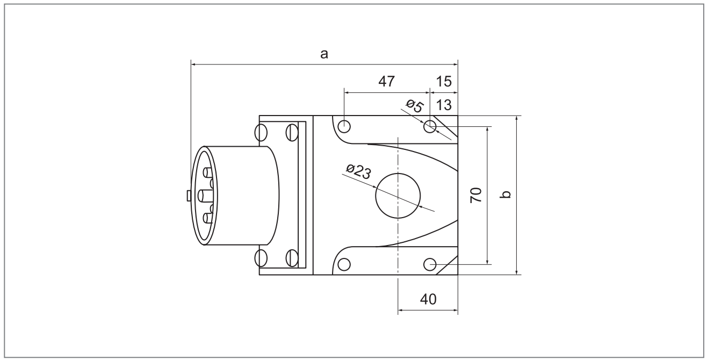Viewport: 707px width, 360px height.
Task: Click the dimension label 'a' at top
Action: (x=324, y=54)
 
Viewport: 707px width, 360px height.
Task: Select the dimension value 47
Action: (x=387, y=82)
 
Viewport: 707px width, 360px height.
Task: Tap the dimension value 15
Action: (x=444, y=82)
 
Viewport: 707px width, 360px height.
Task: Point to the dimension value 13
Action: (x=444, y=104)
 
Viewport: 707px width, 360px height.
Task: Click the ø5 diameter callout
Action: (x=414, y=106)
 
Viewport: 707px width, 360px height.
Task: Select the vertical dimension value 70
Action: (x=475, y=195)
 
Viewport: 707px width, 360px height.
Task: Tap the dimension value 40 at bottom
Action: (x=428, y=299)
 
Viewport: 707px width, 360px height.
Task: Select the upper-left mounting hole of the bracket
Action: (x=344, y=127)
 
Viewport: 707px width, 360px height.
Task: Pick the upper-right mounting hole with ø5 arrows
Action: (x=430, y=127)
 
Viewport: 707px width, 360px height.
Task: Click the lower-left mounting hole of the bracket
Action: (x=344, y=264)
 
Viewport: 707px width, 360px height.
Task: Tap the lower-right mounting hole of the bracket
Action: (x=430, y=264)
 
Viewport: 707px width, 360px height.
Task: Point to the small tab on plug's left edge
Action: (x=189, y=196)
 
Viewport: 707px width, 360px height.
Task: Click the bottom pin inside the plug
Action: (x=206, y=218)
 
